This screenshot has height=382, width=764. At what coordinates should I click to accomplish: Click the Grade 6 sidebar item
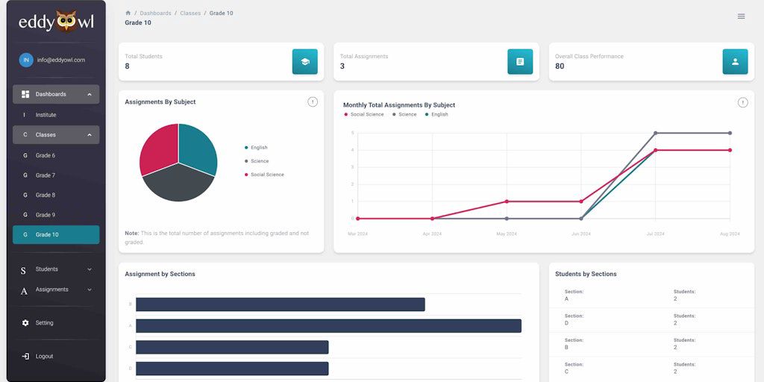click(46, 155)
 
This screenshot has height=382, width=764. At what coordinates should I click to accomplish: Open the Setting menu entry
click(44, 323)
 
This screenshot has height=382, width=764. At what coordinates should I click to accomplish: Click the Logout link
click(44, 357)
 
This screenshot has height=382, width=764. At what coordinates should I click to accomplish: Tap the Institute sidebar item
click(46, 115)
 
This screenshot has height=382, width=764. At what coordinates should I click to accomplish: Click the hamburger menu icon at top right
click(741, 16)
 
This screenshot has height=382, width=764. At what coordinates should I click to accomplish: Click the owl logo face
click(66, 22)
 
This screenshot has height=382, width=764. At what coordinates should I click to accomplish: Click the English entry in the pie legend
click(259, 148)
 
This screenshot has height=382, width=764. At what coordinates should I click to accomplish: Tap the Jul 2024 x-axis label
click(655, 234)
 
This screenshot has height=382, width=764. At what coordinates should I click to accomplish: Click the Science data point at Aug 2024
click(730, 133)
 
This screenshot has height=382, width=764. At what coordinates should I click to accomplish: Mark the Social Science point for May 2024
click(507, 201)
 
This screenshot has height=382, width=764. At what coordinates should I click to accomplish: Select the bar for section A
click(328, 326)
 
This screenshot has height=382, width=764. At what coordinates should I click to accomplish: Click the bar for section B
click(280, 304)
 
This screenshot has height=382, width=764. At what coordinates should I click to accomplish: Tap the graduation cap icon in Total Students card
click(304, 62)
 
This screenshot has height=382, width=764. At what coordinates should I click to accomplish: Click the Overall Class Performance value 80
click(560, 66)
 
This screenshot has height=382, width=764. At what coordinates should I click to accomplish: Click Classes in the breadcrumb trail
click(190, 13)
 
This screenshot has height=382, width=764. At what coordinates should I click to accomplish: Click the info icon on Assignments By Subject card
click(313, 102)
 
